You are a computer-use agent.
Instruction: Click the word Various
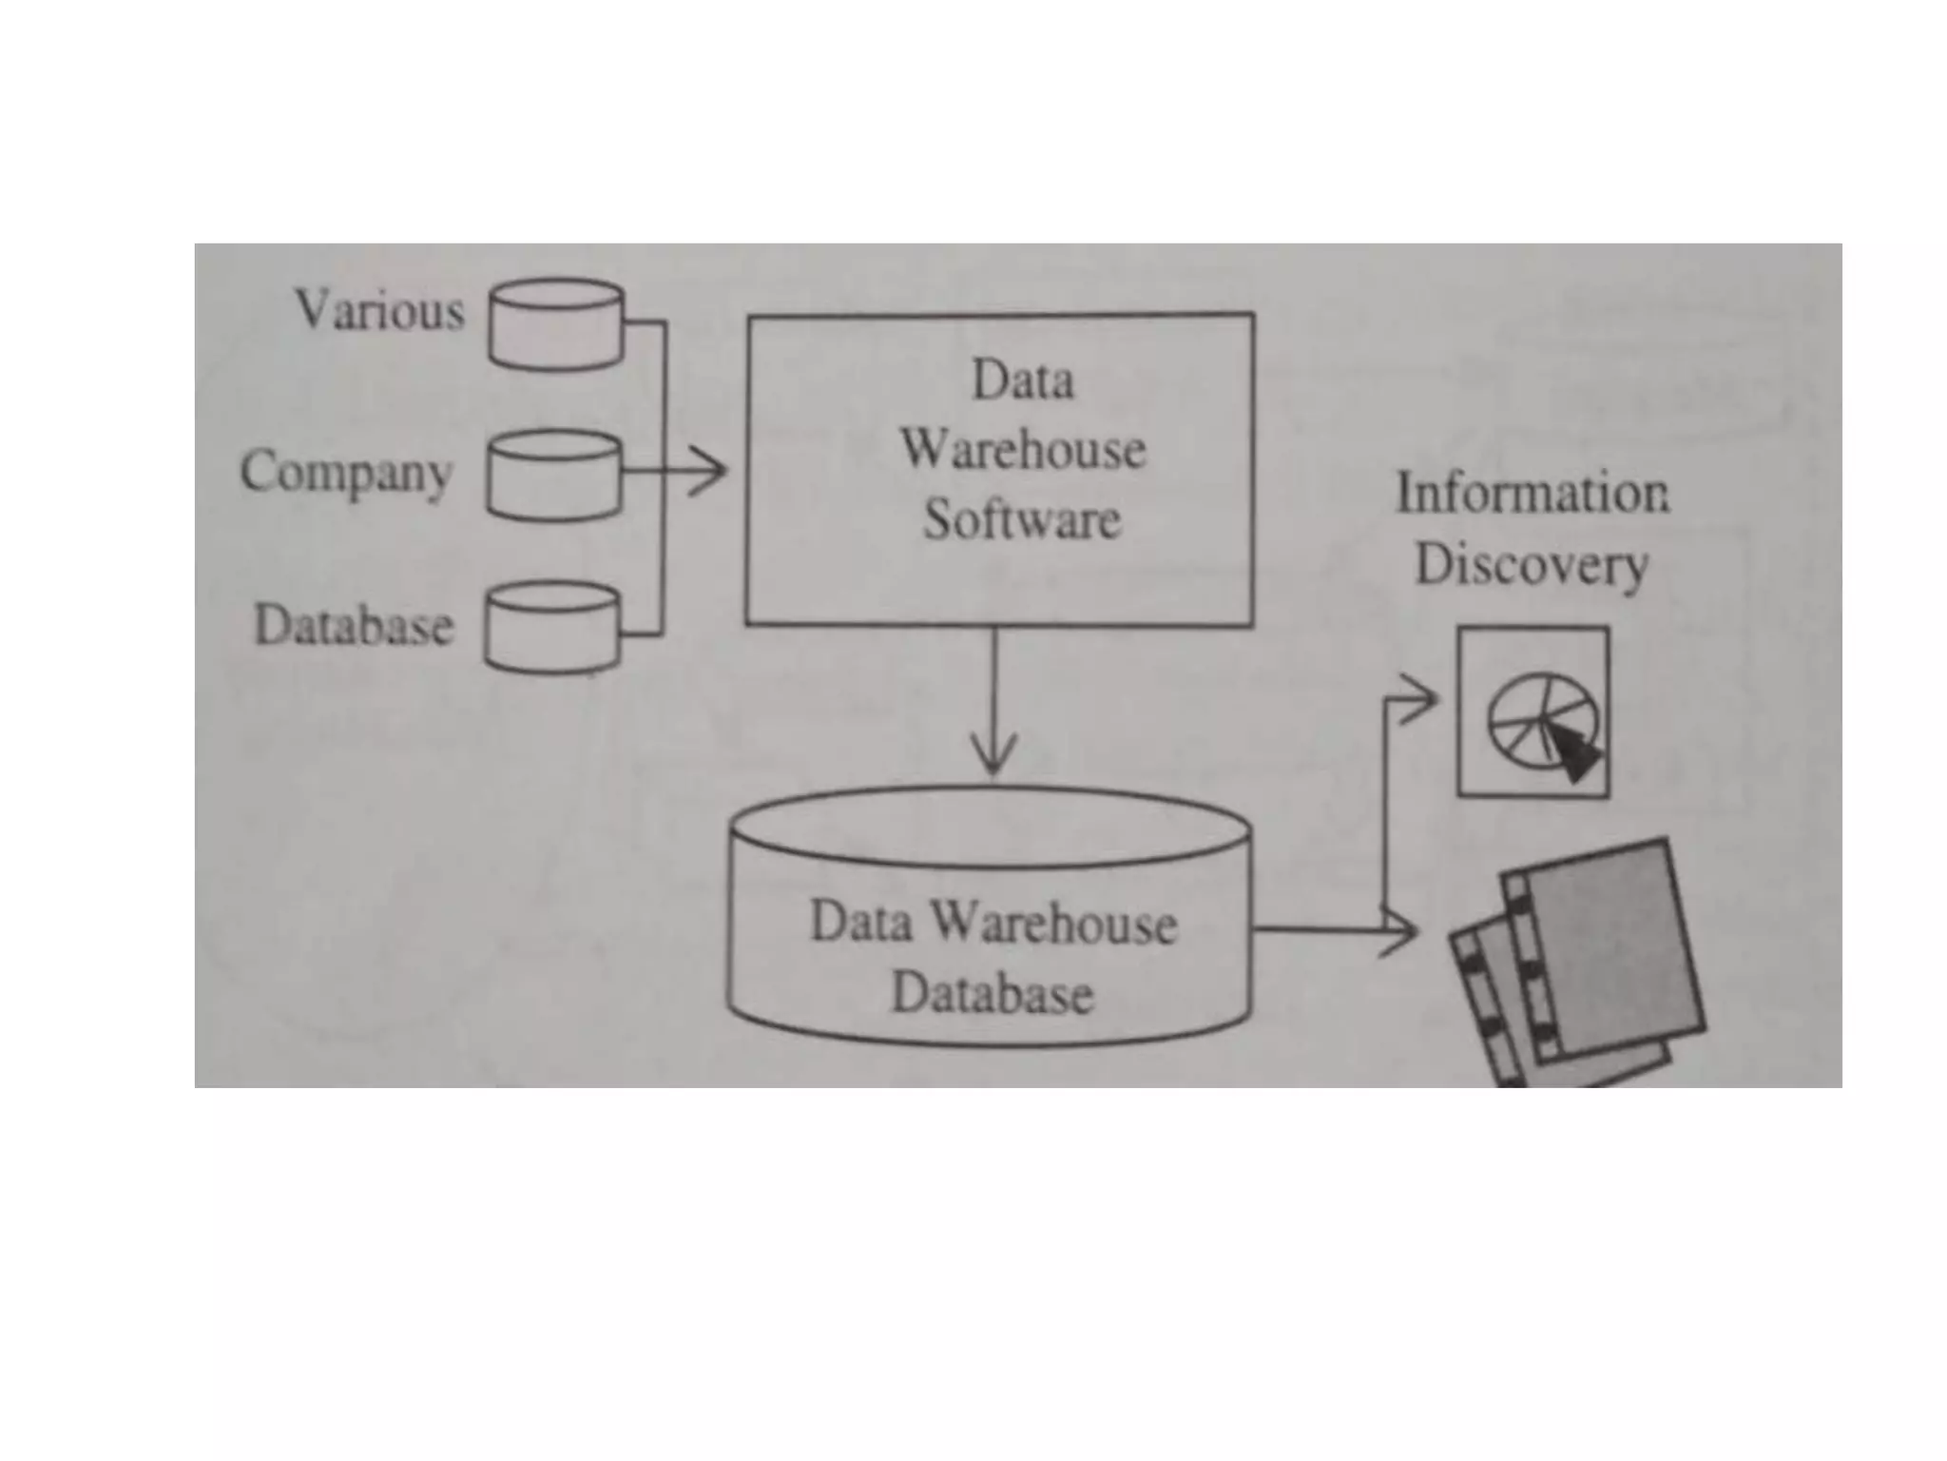coord(379,311)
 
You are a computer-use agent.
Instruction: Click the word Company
coord(345,472)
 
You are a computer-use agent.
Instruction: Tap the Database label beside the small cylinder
coord(354,626)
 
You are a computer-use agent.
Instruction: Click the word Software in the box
coord(1022,519)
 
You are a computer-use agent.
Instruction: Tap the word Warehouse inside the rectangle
coord(1023,449)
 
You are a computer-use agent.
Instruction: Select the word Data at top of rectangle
coord(1023,380)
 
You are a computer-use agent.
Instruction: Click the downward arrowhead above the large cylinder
coord(994,757)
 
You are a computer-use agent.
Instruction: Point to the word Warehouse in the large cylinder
coord(1052,924)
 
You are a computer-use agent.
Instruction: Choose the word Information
coord(1532,494)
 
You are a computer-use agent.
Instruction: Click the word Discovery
coord(1532,565)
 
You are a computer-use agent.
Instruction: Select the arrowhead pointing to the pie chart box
coord(1422,702)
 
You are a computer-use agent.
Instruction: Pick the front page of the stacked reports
coord(1607,951)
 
